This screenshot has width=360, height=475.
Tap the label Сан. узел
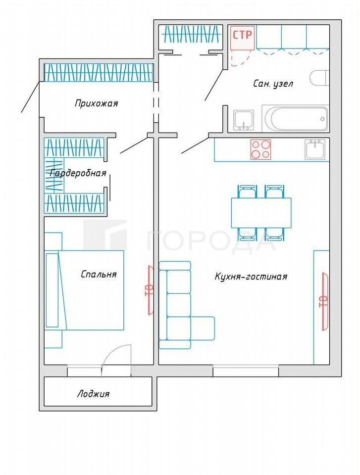click(x=273, y=84)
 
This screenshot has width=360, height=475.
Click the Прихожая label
click(x=96, y=103)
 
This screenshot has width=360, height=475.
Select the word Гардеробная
click(x=78, y=173)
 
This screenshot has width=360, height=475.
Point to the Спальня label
click(x=99, y=274)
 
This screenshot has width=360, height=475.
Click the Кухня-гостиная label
click(x=251, y=276)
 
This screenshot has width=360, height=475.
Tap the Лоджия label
click(x=93, y=394)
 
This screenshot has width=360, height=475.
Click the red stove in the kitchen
click(x=260, y=149)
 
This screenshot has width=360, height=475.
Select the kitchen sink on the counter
click(x=315, y=149)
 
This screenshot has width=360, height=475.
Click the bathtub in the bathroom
click(x=295, y=118)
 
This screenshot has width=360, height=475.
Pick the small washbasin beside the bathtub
click(x=244, y=120)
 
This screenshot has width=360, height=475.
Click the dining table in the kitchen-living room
click(x=261, y=213)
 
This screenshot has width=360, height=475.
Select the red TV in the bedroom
click(x=150, y=290)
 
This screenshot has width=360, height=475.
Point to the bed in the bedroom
click(x=84, y=290)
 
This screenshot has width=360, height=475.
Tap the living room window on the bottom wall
click(x=246, y=371)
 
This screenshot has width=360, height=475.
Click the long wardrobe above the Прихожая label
click(x=99, y=72)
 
